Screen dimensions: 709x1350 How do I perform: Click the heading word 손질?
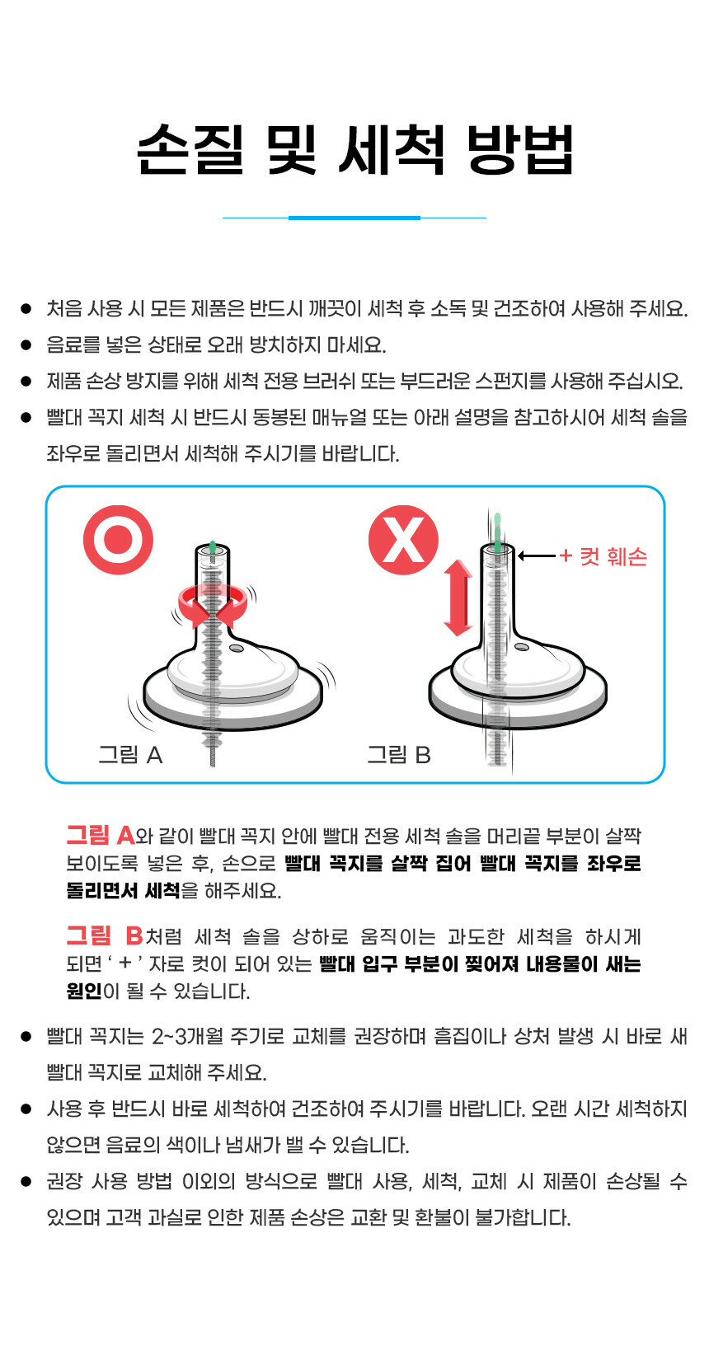190,150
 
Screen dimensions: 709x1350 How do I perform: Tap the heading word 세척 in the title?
393,150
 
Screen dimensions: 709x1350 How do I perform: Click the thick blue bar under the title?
354,218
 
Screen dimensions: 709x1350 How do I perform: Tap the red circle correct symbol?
118,539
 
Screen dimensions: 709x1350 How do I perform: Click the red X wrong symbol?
403,539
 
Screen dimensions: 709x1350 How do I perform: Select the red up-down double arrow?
458,598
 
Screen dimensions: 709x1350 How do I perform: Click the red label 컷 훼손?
613,556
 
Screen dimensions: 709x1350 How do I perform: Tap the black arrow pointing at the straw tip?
537,555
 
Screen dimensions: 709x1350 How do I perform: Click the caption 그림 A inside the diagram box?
131,755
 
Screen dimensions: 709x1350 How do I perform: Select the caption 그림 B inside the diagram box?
399,755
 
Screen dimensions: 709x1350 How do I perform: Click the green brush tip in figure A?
212,547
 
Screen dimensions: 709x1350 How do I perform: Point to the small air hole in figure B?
522,647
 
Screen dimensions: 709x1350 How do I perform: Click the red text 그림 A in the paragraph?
101,836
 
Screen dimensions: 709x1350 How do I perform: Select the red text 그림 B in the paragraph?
105,936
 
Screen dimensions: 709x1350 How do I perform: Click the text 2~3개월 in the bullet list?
187,1037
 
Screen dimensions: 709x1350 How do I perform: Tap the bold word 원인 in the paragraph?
84,991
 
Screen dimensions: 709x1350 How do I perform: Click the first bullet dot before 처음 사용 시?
26,309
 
